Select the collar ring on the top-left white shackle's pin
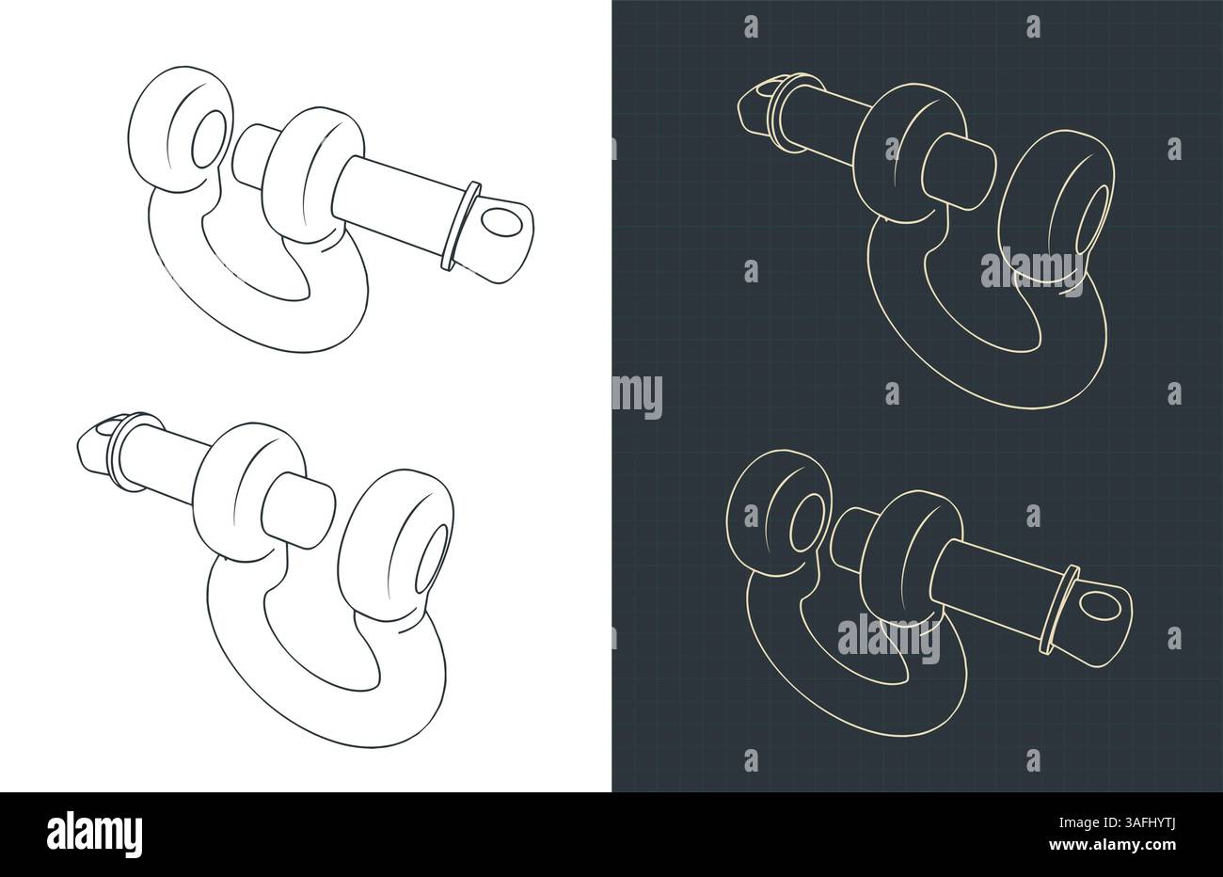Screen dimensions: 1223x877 tap(460, 226)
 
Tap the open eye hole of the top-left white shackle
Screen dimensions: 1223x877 tap(209, 139)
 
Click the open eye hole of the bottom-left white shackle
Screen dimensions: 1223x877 tap(431, 559)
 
